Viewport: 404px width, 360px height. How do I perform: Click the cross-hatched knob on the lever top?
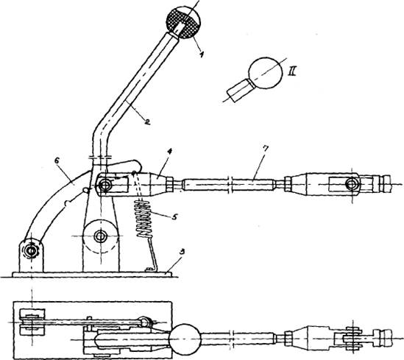[x=183, y=22]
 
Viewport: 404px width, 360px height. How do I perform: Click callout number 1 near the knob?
[x=202, y=54]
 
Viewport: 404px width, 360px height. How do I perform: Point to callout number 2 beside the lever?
[x=147, y=121]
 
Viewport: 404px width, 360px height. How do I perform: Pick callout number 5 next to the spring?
[x=174, y=216]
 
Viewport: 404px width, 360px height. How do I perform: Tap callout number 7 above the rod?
[x=266, y=149]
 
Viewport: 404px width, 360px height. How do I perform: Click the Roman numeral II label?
[x=291, y=71]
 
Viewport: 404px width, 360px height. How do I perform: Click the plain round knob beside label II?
[x=266, y=73]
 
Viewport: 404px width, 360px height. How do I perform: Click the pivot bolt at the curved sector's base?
[x=31, y=250]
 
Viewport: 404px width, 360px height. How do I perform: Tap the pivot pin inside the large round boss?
[x=101, y=236]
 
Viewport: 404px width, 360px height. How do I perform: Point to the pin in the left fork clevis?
[x=105, y=185]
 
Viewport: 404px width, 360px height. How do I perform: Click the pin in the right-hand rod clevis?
[x=352, y=184]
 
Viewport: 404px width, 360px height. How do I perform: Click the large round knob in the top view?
[x=185, y=339]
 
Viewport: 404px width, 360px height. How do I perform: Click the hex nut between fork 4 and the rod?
[x=169, y=185]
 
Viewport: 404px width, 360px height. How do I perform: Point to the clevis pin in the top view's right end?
[x=353, y=339]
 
